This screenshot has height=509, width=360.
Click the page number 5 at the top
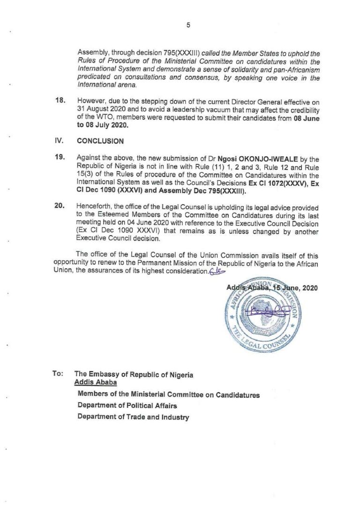click(x=188, y=25)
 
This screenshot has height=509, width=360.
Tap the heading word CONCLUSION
click(x=100, y=141)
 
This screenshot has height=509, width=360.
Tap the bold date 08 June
click(x=307, y=118)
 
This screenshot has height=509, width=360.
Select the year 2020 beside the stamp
click(x=309, y=288)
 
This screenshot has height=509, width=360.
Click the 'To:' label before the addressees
click(x=58, y=374)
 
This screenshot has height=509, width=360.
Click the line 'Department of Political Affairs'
click(x=127, y=405)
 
